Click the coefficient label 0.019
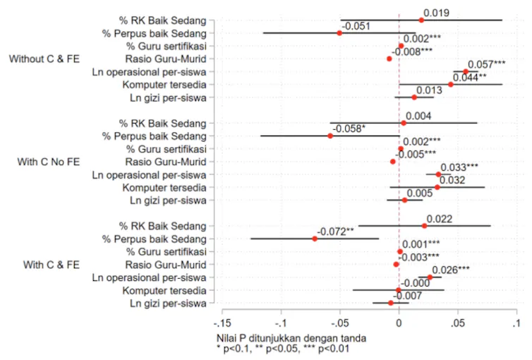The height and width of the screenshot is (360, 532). pyautogui.click(x=436, y=13)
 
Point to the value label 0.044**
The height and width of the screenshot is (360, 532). pyautogui.click(x=470, y=77)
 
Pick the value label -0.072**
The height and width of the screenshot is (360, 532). pyautogui.click(x=334, y=232)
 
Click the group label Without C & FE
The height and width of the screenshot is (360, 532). pyautogui.click(x=43, y=59)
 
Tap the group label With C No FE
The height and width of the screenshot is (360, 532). pyautogui.click(x=49, y=162)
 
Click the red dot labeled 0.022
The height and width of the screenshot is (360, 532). pyautogui.click(x=425, y=226)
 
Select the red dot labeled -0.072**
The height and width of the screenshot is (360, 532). pyautogui.click(x=315, y=239)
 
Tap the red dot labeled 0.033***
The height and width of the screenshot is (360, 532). pyautogui.click(x=438, y=174)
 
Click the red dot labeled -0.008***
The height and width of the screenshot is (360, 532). pyautogui.click(x=389, y=59)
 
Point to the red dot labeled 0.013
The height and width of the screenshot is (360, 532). pyautogui.click(x=414, y=97)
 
